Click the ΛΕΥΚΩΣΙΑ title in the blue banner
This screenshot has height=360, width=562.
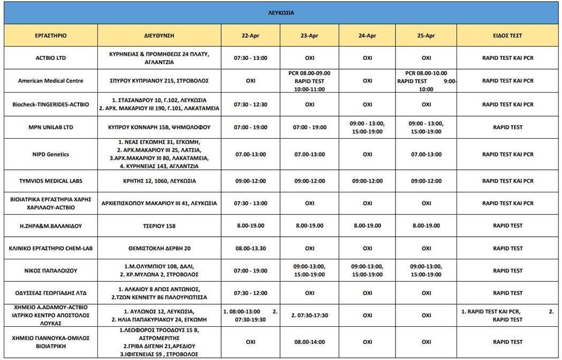pos(281,13)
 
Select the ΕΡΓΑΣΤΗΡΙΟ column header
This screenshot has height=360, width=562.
pos(51,36)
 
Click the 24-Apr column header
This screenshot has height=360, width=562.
pos(367,36)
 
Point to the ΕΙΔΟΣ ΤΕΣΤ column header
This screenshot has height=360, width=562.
pos(507,36)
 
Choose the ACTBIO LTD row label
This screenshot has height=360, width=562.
pos(51,58)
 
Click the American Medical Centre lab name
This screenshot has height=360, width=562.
pos(51,81)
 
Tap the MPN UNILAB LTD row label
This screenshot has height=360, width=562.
pos(51,127)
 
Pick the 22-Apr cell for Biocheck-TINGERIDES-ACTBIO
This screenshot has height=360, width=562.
pos(251,104)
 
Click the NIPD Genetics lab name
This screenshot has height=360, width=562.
pos(51,154)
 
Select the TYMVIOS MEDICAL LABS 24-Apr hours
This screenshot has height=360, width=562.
pos(367,181)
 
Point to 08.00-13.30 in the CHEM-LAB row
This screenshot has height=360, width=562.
pos(251,249)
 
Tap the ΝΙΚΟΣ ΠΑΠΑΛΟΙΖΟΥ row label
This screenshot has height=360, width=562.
pos(51,271)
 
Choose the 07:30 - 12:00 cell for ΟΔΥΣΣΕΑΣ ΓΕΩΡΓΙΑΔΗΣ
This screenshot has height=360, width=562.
pos(251,293)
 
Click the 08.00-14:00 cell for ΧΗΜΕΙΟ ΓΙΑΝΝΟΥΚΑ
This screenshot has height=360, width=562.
pos(309,342)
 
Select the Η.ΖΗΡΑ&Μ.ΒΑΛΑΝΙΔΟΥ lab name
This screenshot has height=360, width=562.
pos(51,226)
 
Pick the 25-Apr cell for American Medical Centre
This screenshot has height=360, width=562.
pos(426,81)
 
